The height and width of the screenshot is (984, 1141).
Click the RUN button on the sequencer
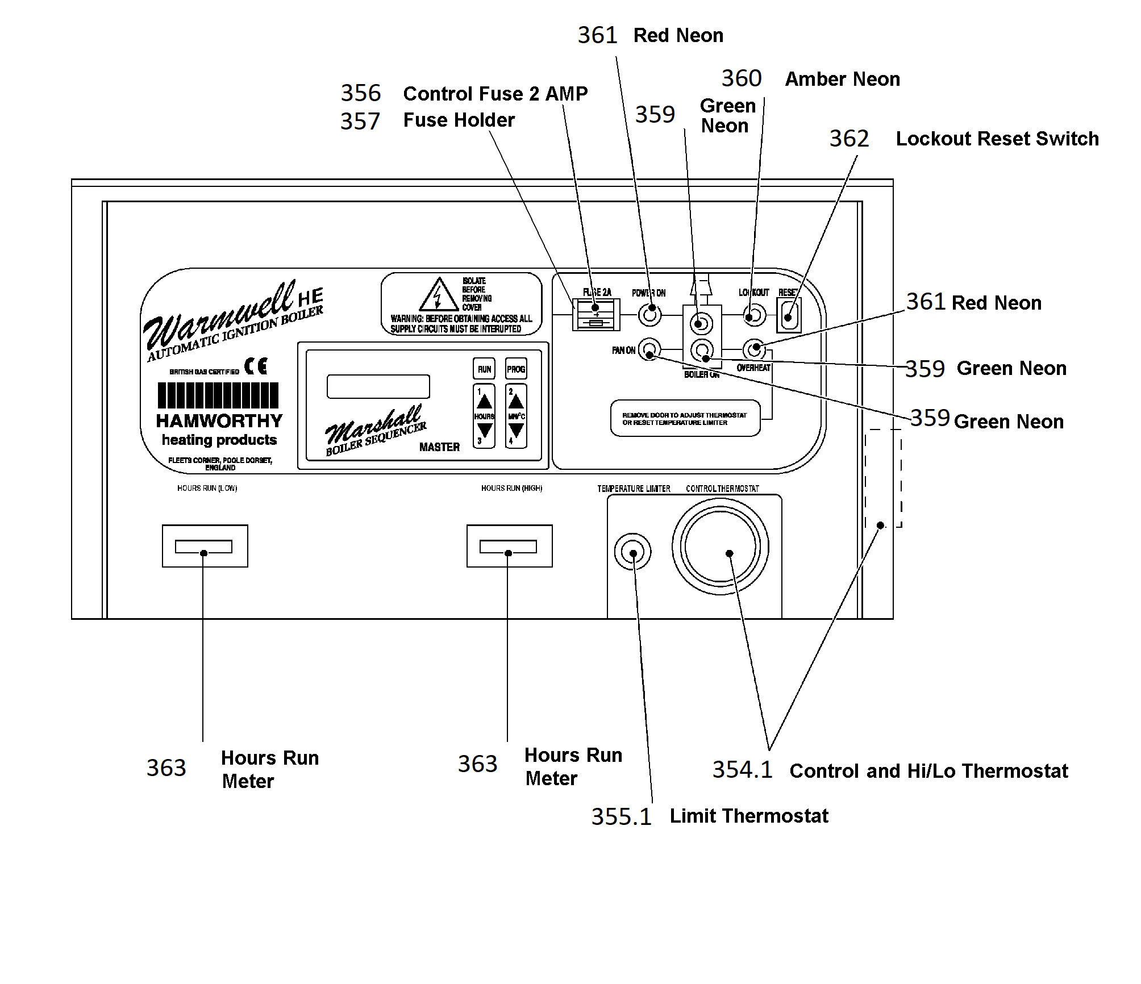click(x=484, y=369)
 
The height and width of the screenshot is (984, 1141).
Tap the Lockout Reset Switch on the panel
click(x=789, y=315)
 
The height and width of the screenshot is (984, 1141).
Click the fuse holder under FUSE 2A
click(x=596, y=315)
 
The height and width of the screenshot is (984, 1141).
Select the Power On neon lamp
click(x=650, y=315)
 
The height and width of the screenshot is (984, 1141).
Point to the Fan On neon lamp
click(x=649, y=349)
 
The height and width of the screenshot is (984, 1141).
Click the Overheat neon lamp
click(x=755, y=349)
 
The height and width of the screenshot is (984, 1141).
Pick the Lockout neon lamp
click(x=755, y=315)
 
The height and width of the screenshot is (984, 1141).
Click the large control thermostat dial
click(x=721, y=547)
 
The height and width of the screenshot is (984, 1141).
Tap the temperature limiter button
click(x=632, y=552)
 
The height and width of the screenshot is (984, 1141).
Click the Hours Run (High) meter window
click(x=509, y=546)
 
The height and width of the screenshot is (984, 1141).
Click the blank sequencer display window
click(x=378, y=386)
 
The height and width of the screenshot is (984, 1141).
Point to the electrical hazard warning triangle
click(x=439, y=295)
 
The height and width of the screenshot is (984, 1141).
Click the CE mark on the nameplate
click(x=256, y=366)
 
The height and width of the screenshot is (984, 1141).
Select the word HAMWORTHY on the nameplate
click(x=219, y=421)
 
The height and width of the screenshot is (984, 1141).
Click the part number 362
click(x=849, y=139)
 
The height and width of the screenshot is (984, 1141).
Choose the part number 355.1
click(x=621, y=817)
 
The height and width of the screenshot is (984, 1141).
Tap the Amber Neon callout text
click(x=842, y=79)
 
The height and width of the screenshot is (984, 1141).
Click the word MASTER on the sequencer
click(x=439, y=447)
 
